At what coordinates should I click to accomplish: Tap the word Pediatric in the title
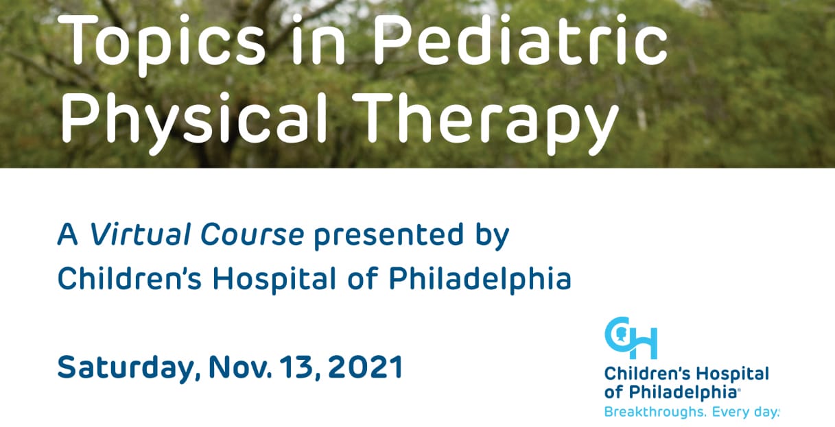point(520,38)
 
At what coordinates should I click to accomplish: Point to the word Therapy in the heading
point(484,122)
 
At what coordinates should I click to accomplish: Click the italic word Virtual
point(140,234)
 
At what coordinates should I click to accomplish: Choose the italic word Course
point(252,234)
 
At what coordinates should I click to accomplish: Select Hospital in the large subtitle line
point(274,279)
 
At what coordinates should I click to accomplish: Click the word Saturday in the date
point(126,368)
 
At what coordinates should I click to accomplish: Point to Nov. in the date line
point(240,367)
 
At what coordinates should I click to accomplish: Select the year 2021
point(365,367)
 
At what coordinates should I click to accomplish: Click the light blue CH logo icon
point(631,338)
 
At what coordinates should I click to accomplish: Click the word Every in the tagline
point(729,413)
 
